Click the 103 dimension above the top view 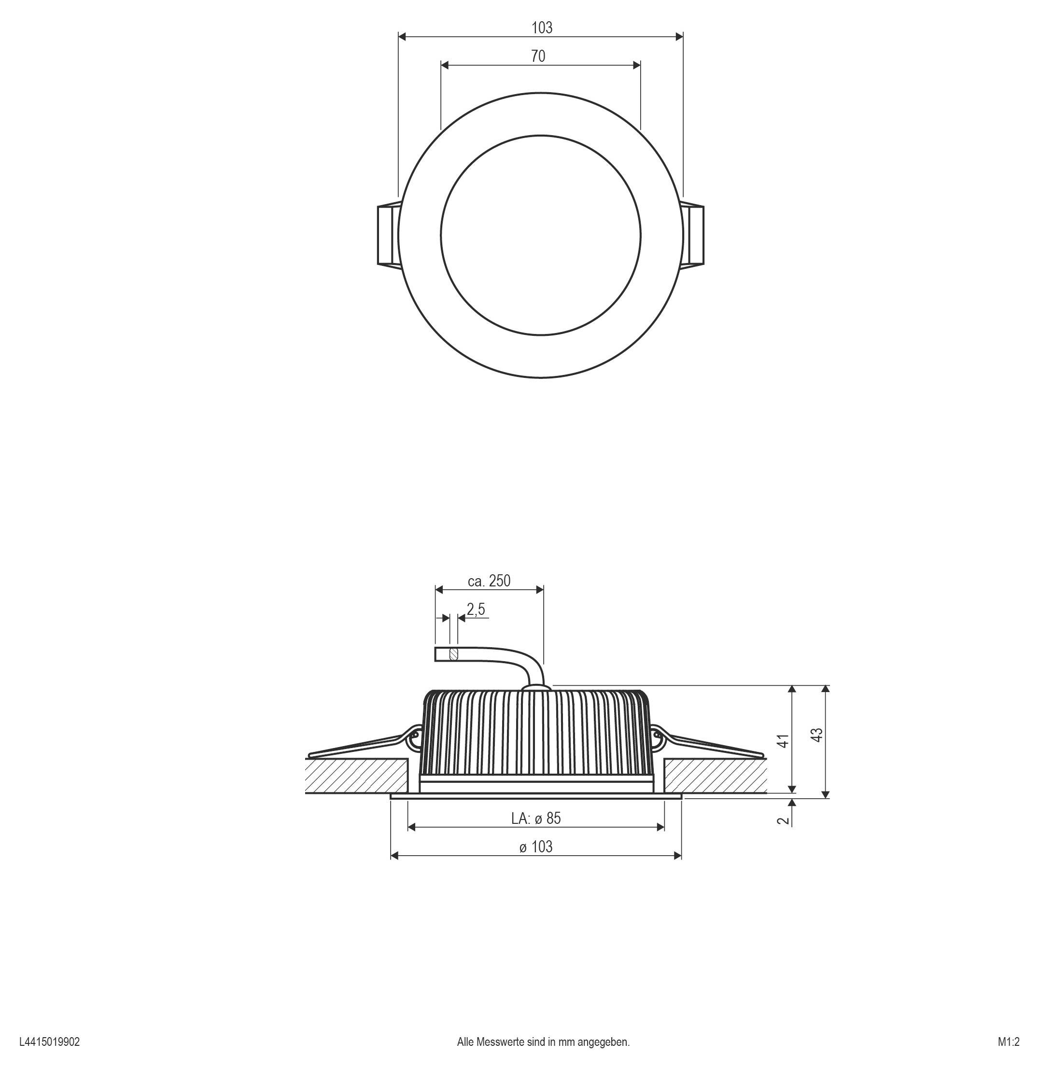(541, 28)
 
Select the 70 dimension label (538, 56)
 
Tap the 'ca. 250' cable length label (489, 581)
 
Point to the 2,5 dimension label (476, 609)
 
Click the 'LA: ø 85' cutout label (536, 818)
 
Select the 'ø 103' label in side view (536, 847)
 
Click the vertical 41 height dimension (783, 741)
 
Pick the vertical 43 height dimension (817, 735)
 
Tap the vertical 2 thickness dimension (783, 820)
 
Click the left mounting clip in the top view (389, 235)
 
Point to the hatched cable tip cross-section (453, 654)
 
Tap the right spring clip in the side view (709, 745)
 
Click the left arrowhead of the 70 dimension (444, 66)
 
